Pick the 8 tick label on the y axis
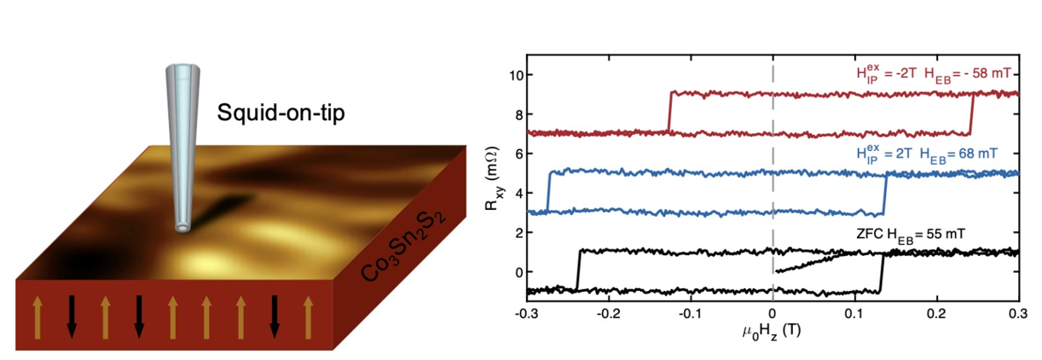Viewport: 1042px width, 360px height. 515,114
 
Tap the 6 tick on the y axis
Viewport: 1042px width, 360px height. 515,154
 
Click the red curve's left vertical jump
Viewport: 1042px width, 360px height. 670,112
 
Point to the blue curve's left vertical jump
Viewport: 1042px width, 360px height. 548,191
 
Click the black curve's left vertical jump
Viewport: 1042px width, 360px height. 578,270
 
